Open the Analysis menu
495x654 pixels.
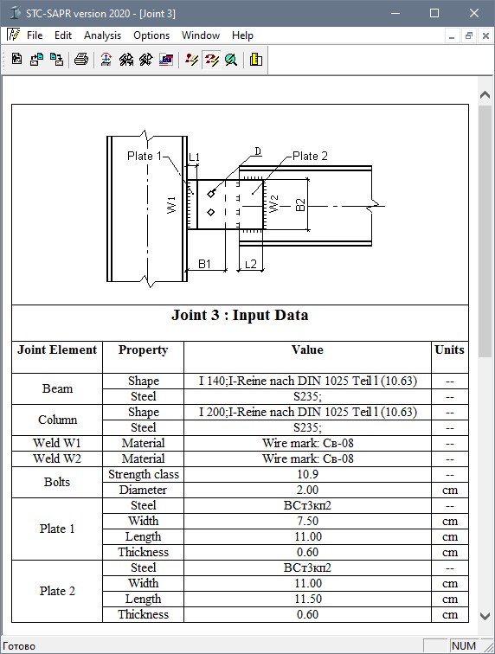102,35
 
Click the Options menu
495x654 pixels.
151,35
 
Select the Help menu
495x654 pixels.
242,35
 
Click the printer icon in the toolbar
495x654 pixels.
81,60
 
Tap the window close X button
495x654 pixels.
473,13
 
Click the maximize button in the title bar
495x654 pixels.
434,13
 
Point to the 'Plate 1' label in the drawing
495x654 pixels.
144,156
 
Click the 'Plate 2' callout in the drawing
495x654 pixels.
310,156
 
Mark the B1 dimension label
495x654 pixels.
204,264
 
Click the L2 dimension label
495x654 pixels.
250,264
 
